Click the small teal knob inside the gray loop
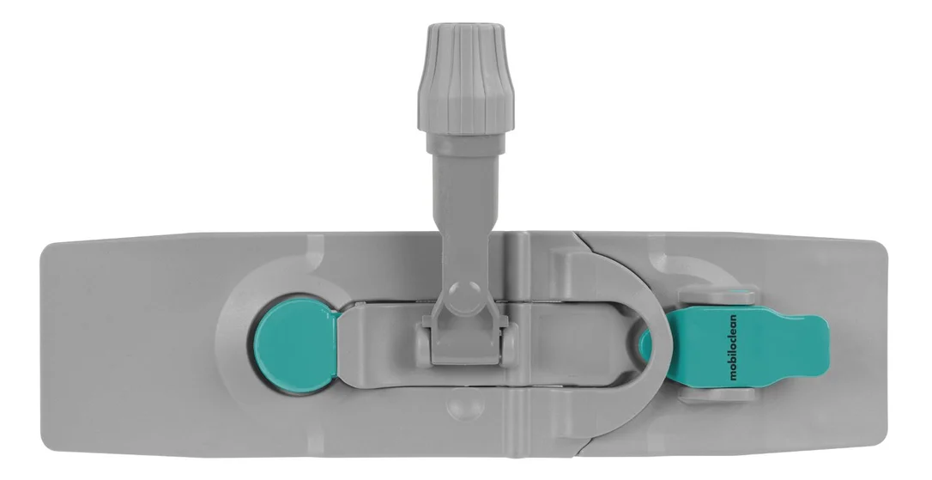coord(645,345)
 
